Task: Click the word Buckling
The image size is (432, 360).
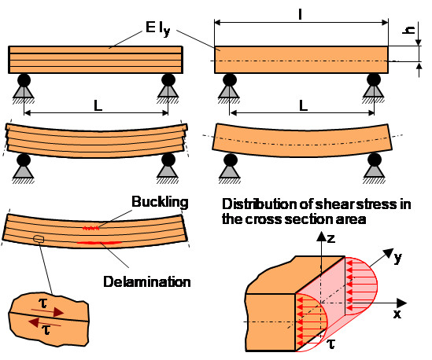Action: point(160,203)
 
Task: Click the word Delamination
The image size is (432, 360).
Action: point(147,282)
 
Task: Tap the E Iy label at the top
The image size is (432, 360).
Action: point(158,28)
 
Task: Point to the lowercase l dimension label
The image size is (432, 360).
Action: point(301,14)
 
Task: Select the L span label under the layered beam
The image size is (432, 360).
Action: point(98,105)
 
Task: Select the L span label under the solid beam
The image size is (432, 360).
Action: point(303,105)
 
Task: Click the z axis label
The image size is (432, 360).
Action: point(331,238)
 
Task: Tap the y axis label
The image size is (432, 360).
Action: point(397,258)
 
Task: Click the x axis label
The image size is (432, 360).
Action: point(397,314)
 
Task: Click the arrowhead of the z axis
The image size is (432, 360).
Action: point(321,237)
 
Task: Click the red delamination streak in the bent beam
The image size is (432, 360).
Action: point(99,243)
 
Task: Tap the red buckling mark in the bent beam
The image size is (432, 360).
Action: point(91,228)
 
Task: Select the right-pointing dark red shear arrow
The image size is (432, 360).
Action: point(48,312)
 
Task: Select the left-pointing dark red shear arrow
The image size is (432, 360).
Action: point(45,322)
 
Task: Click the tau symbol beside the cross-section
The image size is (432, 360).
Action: point(332,343)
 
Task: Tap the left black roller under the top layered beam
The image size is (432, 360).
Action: point(24,80)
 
